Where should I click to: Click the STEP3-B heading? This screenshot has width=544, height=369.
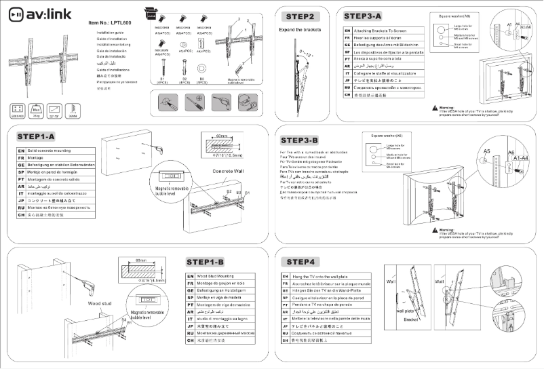click(304, 140)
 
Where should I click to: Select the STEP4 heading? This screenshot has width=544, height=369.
click(300, 262)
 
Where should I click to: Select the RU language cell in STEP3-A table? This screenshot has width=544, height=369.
click(347, 88)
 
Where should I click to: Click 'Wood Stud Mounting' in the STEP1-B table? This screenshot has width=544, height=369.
click(215, 277)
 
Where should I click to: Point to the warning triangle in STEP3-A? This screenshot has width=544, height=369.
click(434, 107)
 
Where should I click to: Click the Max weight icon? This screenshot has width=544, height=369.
click(38, 110)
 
